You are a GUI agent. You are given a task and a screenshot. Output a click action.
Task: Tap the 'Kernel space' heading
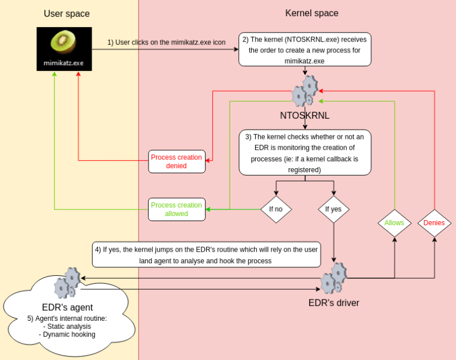click(x=312, y=13)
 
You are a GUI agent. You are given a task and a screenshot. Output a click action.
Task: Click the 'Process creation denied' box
click(x=176, y=162)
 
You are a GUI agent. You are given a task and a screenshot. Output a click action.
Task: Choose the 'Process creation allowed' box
click(x=176, y=210)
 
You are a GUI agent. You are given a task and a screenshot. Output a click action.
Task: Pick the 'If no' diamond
click(x=276, y=209)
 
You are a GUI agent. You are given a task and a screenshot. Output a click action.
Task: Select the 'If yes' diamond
click(x=334, y=209)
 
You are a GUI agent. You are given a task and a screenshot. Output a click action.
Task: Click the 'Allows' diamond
click(x=394, y=222)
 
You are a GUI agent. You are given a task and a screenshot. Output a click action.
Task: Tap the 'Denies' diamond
click(x=434, y=222)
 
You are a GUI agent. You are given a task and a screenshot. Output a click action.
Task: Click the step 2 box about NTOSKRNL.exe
click(x=305, y=50)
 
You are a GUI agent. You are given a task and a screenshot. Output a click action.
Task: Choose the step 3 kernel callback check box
click(x=305, y=152)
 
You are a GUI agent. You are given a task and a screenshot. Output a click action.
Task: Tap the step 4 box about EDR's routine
click(x=206, y=255)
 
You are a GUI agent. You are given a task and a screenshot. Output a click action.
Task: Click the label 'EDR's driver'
click(x=334, y=302)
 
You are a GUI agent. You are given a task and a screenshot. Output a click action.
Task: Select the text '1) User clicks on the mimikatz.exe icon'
click(x=166, y=43)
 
